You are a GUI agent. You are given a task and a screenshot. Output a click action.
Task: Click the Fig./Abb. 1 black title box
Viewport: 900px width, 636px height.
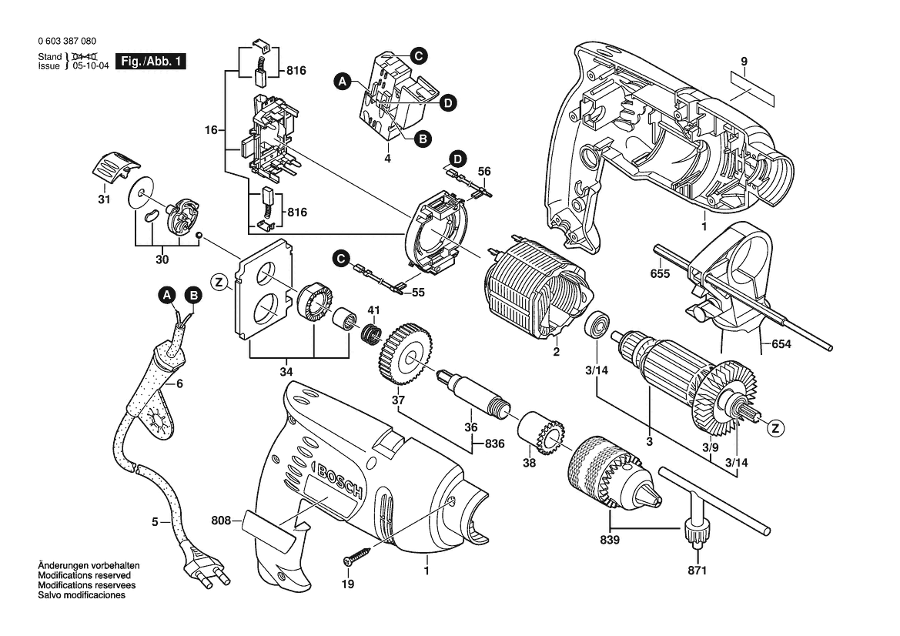(x=151, y=62)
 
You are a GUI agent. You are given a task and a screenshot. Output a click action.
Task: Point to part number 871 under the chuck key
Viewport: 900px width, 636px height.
(x=697, y=571)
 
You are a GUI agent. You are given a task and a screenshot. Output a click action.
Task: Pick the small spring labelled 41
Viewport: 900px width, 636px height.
(x=371, y=333)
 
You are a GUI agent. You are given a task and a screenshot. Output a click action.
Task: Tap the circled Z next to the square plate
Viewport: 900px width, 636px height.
(x=218, y=282)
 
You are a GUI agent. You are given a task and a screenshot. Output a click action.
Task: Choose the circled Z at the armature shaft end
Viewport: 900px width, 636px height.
(x=777, y=428)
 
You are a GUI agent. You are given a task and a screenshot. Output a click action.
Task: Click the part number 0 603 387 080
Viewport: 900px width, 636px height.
(x=67, y=41)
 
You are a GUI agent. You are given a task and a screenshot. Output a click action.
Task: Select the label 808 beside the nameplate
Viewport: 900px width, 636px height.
(x=221, y=521)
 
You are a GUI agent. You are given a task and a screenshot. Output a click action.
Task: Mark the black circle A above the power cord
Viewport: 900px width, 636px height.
(x=167, y=296)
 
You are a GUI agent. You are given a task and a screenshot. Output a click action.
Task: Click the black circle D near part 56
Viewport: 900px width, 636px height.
(x=457, y=159)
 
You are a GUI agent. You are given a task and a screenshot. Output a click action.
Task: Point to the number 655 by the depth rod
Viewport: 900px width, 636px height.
(x=660, y=274)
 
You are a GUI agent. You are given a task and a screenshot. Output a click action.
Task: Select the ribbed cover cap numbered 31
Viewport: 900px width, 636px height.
(x=115, y=167)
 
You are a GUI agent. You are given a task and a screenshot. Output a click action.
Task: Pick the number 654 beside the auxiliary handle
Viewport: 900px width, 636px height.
(x=781, y=344)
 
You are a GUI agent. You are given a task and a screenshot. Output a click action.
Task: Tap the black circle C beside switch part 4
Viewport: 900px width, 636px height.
(x=418, y=55)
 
